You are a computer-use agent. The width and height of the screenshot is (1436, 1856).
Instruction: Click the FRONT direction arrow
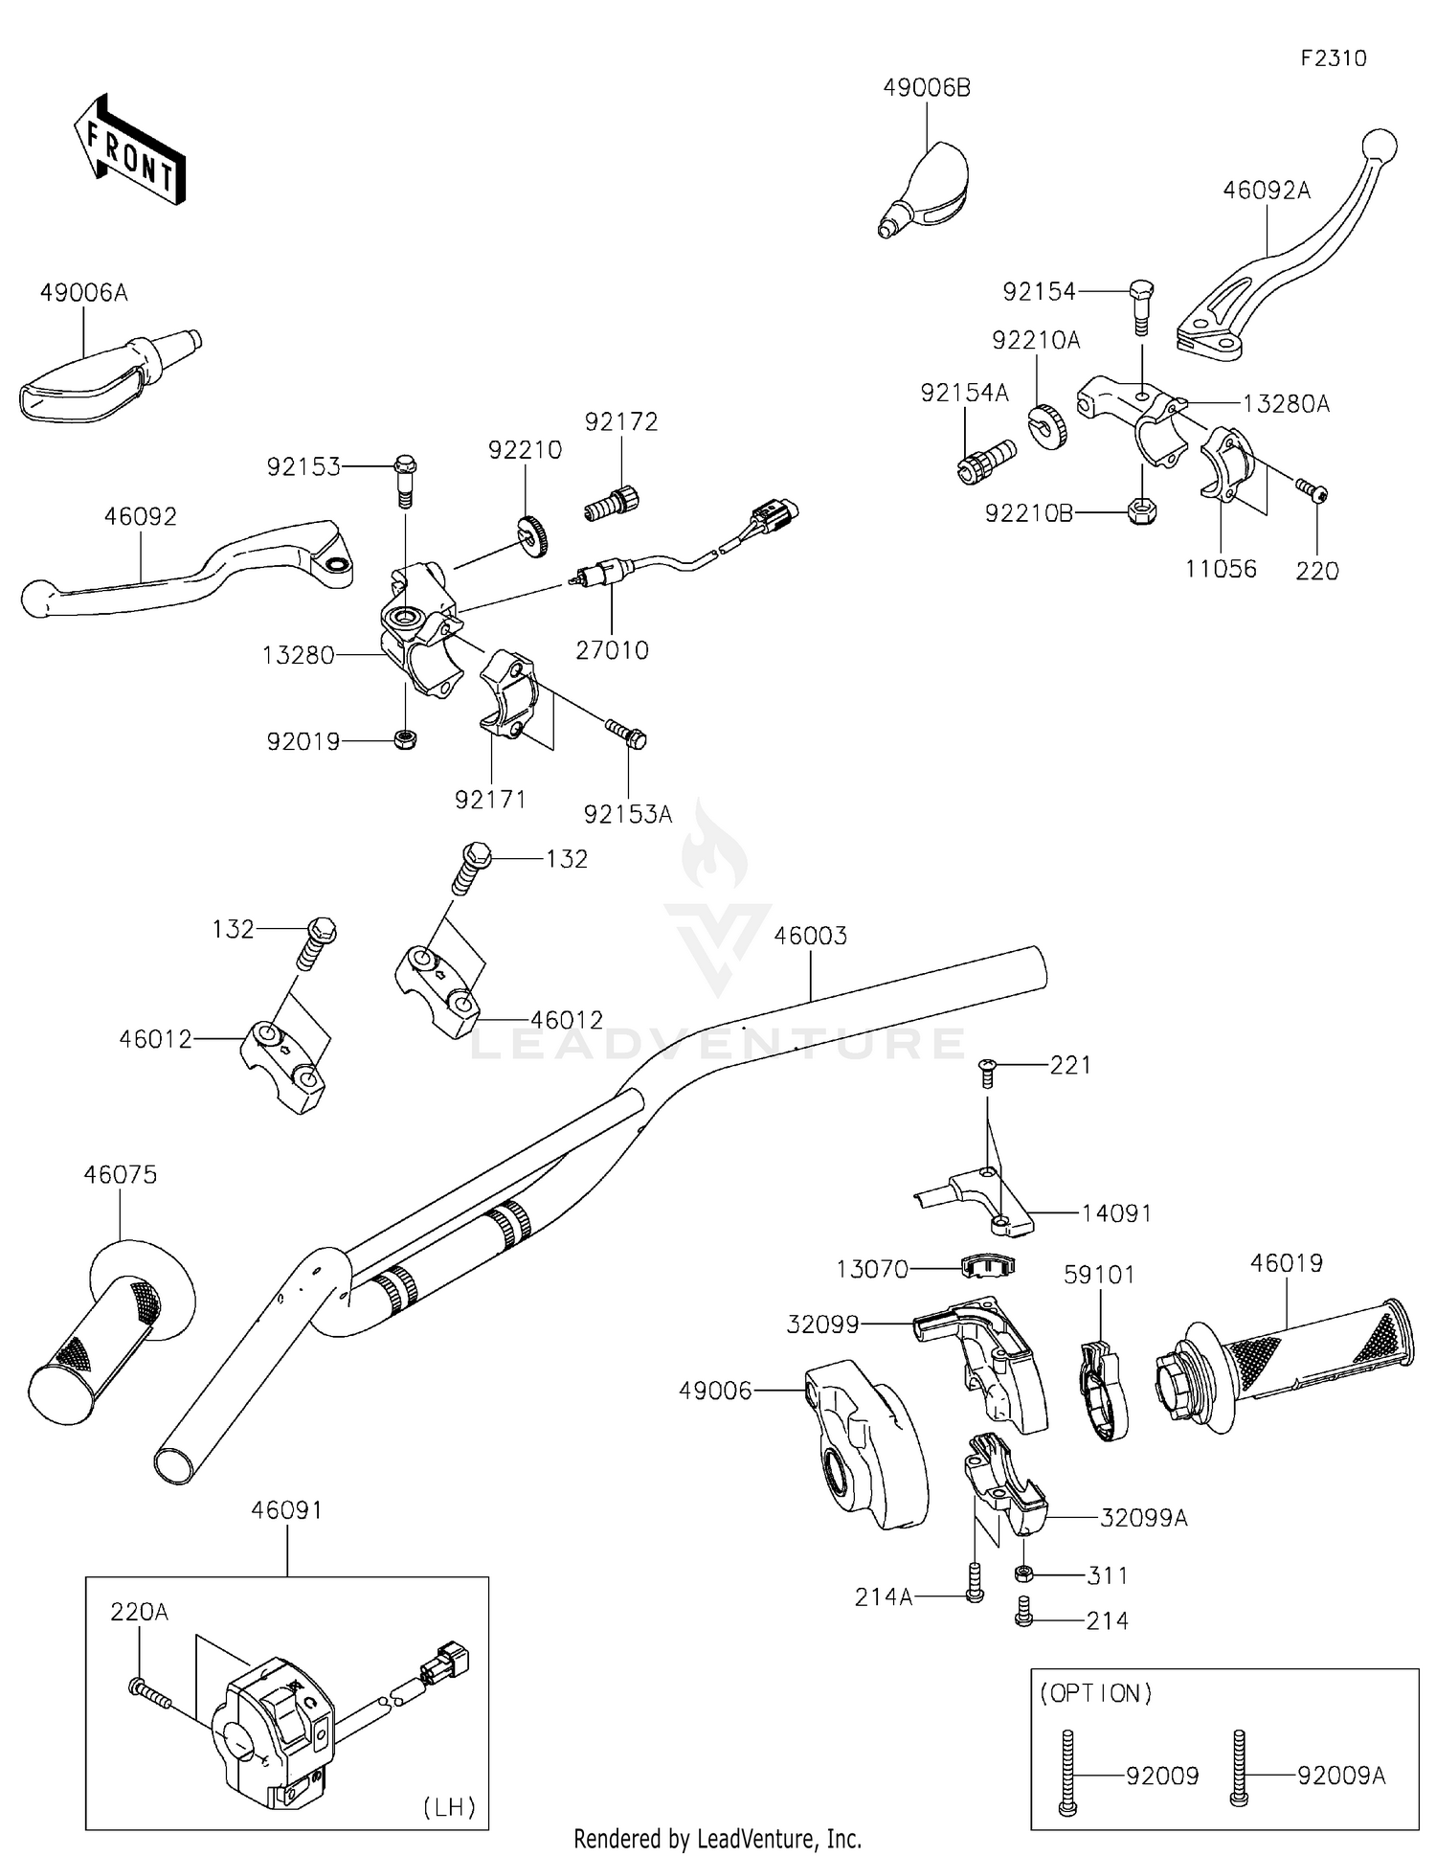click(x=128, y=151)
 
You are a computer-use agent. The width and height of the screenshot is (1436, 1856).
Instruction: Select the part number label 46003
click(x=811, y=935)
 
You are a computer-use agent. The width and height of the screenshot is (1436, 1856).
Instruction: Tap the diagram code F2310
click(x=1334, y=58)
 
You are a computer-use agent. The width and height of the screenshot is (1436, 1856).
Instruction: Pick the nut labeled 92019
click(x=405, y=739)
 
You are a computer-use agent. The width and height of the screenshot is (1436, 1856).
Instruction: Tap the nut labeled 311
click(x=1023, y=1573)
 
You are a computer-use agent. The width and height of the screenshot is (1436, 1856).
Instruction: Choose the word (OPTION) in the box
click(x=1096, y=1692)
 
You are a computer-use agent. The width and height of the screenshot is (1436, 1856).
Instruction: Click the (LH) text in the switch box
click(x=449, y=1807)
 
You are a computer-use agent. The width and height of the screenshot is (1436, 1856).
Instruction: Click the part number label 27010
click(x=612, y=650)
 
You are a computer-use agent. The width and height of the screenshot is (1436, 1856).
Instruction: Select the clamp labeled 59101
click(x=1104, y=1392)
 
